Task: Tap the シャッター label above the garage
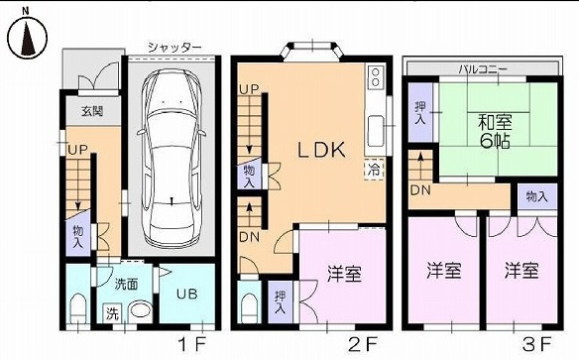click(174, 47)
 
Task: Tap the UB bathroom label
click(185, 294)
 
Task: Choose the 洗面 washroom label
click(126, 283)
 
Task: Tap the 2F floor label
click(363, 344)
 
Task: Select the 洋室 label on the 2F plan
click(342, 275)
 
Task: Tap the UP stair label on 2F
click(249, 92)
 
